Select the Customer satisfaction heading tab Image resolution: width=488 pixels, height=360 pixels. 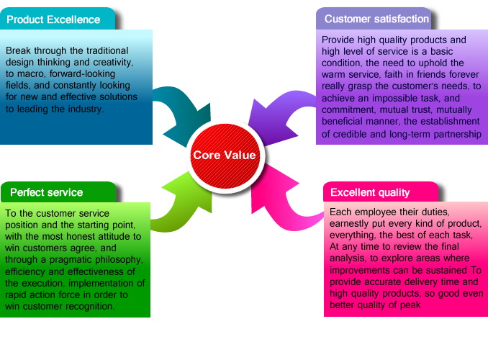[x=376, y=19]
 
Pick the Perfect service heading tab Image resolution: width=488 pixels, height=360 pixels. [x=46, y=192]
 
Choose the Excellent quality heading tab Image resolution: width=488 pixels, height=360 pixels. [x=370, y=192]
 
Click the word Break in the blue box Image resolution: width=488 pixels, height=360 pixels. [x=19, y=51]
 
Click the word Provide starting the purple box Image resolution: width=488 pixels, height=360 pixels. [x=339, y=40]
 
